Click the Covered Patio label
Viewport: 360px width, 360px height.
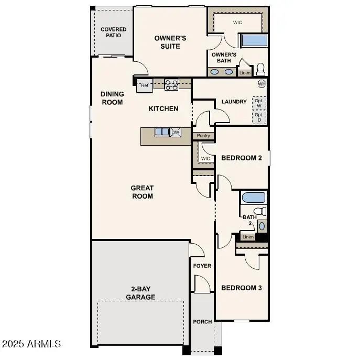coord(114,32)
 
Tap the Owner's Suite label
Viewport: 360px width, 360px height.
coord(170,42)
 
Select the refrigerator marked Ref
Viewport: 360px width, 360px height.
coord(145,85)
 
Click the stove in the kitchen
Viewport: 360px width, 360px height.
coord(171,84)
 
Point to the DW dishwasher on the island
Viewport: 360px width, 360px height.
coord(176,133)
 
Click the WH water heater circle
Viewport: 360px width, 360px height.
coord(261,84)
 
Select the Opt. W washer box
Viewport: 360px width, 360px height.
coord(258,103)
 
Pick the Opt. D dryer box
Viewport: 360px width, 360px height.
coord(258,117)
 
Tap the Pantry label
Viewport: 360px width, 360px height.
coord(203,136)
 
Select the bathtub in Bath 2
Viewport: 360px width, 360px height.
coord(254,198)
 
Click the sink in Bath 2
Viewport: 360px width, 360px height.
coord(262,226)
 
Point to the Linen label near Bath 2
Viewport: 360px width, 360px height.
coord(248,237)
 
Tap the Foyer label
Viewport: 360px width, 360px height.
coord(202,266)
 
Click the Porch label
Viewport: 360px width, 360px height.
coord(202,322)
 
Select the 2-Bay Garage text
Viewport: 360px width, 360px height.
coord(140,293)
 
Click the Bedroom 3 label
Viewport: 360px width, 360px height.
coord(241,288)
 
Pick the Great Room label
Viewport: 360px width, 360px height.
coord(142,192)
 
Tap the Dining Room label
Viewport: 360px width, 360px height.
coord(112,98)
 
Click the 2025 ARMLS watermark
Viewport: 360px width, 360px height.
coord(31,344)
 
